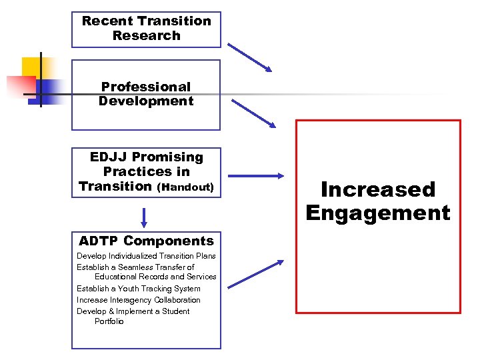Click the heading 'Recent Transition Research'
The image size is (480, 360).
[146, 29]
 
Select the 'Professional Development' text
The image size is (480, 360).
[146, 94]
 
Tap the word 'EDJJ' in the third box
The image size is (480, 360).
[109, 157]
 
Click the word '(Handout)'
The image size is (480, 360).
[185, 187]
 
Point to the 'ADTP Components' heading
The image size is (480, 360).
[146, 241]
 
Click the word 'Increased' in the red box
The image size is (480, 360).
[377, 190]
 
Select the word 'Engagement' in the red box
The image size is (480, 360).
[378, 213]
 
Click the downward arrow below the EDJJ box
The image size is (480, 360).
[143, 218]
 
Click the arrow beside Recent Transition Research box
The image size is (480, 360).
[250, 57]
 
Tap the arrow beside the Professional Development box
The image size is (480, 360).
[253, 113]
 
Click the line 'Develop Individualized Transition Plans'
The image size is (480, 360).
[146, 257]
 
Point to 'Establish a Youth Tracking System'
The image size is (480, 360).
[139, 289]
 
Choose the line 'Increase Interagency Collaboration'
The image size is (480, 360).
[139, 300]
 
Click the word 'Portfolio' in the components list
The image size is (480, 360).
[109, 321]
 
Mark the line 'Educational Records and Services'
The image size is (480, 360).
[155, 277]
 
